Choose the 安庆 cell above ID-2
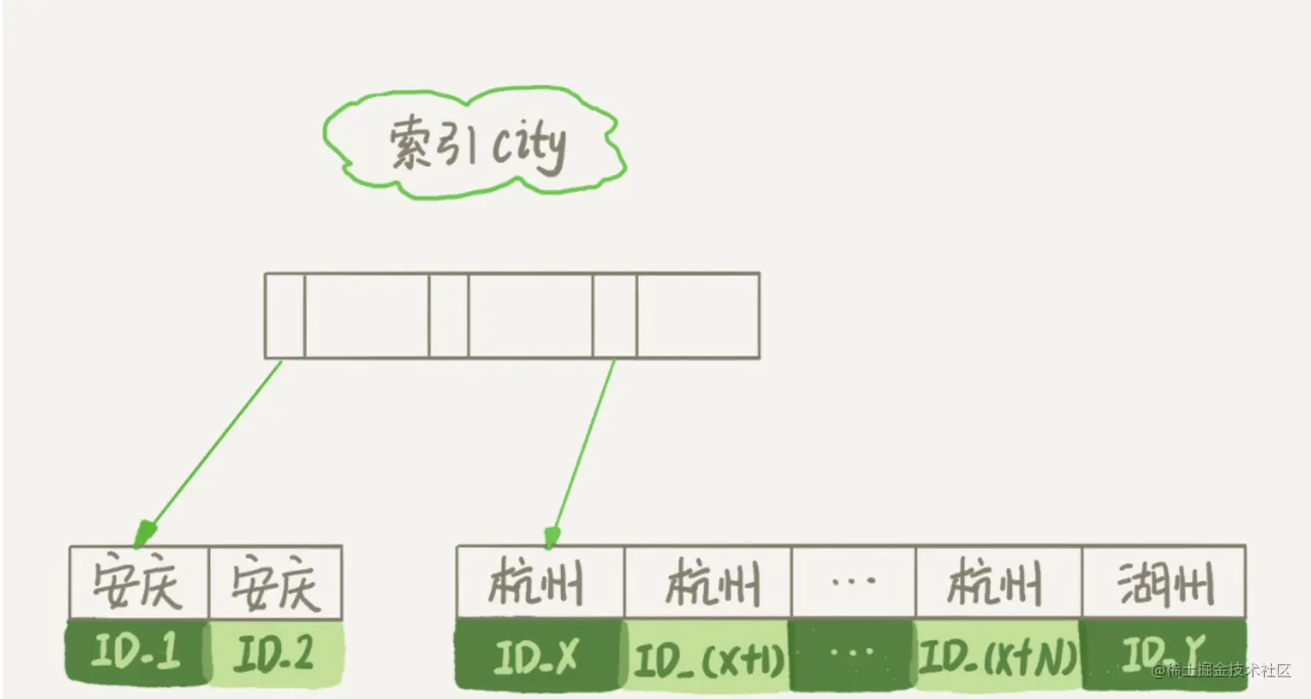pyautogui.click(x=276, y=584)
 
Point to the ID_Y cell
pyautogui.click(x=1162, y=655)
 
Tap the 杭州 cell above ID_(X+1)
pyautogui.click(x=708, y=583)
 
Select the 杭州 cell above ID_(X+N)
pyautogui.click(x=997, y=583)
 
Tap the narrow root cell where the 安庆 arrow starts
pyautogui.click(x=284, y=316)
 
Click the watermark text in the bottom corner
pyautogui.click(x=1223, y=670)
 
